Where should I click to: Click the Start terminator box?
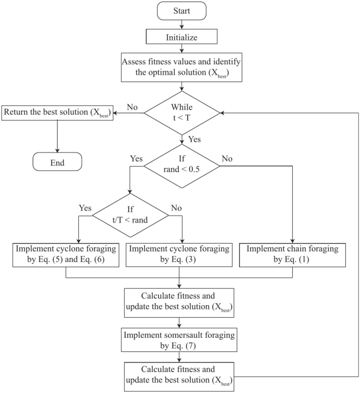pyautogui.click(x=181, y=11)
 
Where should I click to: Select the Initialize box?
pyautogui.click(x=181, y=37)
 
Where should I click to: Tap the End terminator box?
pyautogui.click(x=57, y=162)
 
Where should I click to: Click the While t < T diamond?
pyautogui.click(x=181, y=113)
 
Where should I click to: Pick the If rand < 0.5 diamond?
pyautogui.click(x=181, y=166)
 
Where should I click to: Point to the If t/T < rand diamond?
pyautogui.click(x=130, y=215)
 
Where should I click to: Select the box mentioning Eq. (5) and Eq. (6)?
pyautogui.click(x=66, y=254)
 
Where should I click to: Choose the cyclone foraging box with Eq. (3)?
pyautogui.click(x=180, y=254)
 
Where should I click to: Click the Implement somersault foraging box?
pyautogui.click(x=180, y=339)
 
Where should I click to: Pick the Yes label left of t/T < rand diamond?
pyautogui.click(x=85, y=207)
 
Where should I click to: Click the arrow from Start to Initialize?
pyautogui.click(x=181, y=24)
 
